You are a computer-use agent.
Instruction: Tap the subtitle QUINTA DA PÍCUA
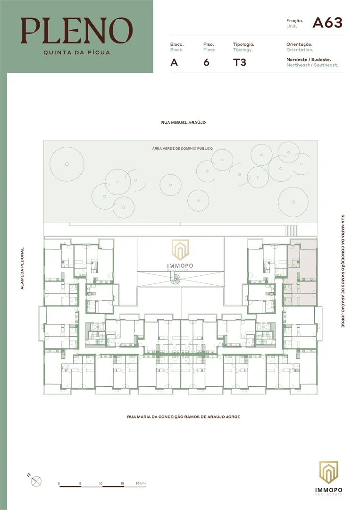pyautogui.click(x=76, y=52)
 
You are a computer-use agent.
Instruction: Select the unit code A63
pyautogui.click(x=327, y=23)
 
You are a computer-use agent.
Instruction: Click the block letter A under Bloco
pyautogui.click(x=174, y=62)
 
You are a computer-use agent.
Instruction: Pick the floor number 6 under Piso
pyautogui.click(x=206, y=62)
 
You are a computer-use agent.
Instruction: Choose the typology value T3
pyautogui.click(x=240, y=62)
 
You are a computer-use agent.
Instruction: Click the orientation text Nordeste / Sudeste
pyautogui.click(x=309, y=59)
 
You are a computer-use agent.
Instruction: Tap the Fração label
pyautogui.click(x=294, y=21)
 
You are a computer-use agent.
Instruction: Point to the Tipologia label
pyautogui.click(x=244, y=44)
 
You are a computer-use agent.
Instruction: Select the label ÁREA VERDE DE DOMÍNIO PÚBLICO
pyautogui.click(x=182, y=148)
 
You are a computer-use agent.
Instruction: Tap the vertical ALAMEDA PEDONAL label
pyautogui.click(x=22, y=269)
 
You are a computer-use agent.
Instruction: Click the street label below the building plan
pyautogui.click(x=184, y=417)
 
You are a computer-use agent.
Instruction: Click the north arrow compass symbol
pyautogui.click(x=36, y=481)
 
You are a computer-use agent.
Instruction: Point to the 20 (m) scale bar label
pyautogui.click(x=140, y=484)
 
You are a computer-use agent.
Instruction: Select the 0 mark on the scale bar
pyautogui.click(x=59, y=484)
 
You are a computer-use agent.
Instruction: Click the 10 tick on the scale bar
pyautogui.click(x=101, y=484)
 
